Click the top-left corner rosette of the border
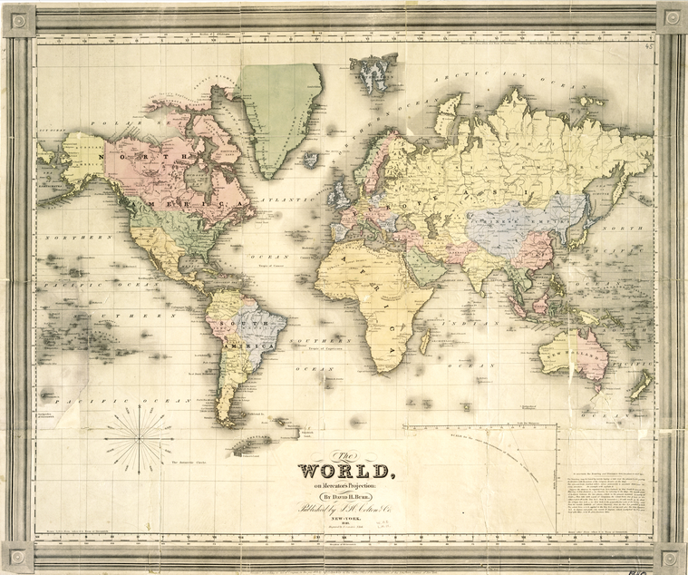coord(18,19)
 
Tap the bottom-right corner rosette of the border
coord(670,556)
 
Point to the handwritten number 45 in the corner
coord(648,45)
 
